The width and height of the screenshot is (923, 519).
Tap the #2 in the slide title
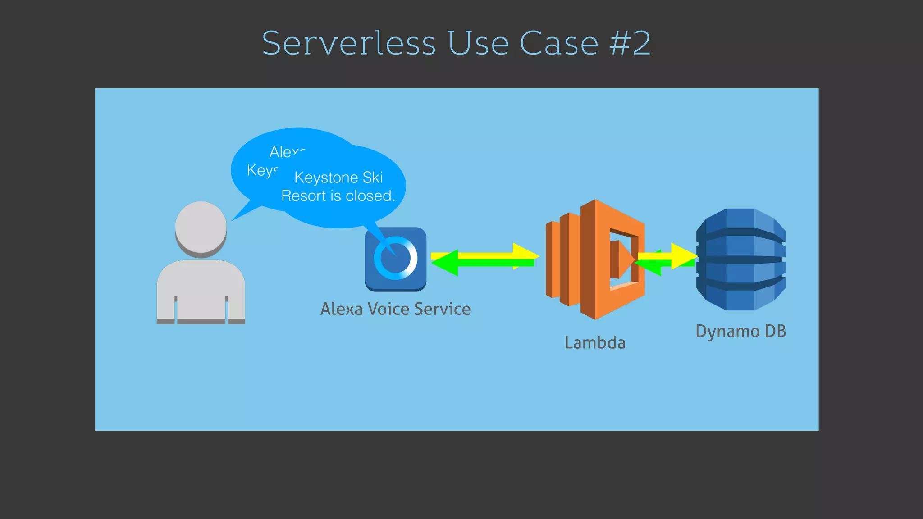[630, 43]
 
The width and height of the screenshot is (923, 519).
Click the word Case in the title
[559, 43]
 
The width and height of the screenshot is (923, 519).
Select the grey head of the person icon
[201, 228]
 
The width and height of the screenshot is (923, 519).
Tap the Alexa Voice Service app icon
[396, 259]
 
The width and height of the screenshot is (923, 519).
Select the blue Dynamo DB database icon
[741, 259]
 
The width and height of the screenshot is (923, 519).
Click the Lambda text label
[595, 342]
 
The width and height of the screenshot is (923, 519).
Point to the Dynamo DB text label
[740, 331]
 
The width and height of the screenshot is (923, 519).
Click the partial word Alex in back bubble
[287, 152]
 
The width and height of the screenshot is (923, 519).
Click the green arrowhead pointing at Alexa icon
[444, 263]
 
